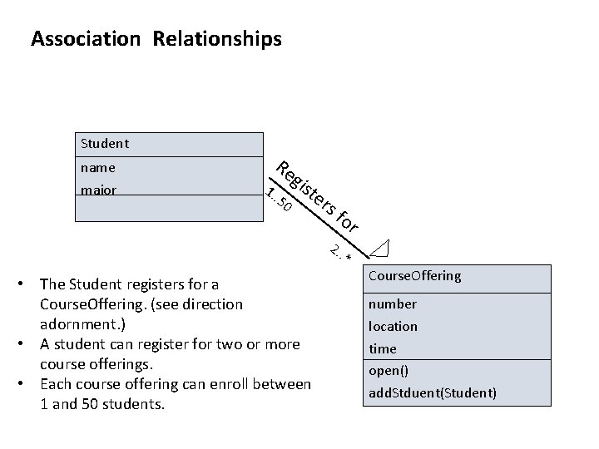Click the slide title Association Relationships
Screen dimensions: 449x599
pyautogui.click(x=156, y=38)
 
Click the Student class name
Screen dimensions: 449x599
pyautogui.click(x=105, y=144)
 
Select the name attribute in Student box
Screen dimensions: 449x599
pyautogui.click(x=98, y=167)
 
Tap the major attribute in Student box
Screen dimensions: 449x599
pyautogui.click(x=99, y=190)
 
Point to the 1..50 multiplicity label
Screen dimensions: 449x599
pyautogui.click(x=279, y=199)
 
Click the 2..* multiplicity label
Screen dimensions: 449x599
pyautogui.click(x=341, y=251)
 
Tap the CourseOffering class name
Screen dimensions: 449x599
pyautogui.click(x=414, y=276)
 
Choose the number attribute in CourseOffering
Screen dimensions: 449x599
pyautogui.click(x=393, y=303)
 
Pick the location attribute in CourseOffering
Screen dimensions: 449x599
pyautogui.click(x=393, y=326)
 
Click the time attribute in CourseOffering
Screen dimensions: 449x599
pyautogui.click(x=383, y=348)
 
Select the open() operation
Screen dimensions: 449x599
pyautogui.click(x=389, y=370)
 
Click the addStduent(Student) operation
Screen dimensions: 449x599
pyautogui.click(x=432, y=392)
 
